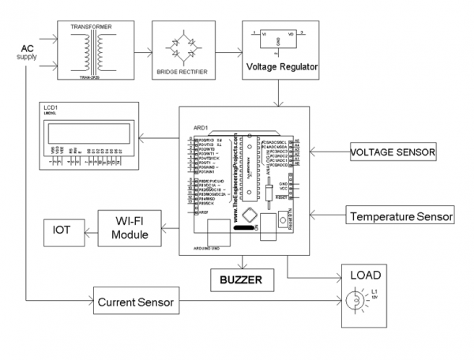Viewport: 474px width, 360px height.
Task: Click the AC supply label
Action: coord(26,53)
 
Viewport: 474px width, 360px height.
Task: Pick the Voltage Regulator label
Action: coord(282,67)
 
